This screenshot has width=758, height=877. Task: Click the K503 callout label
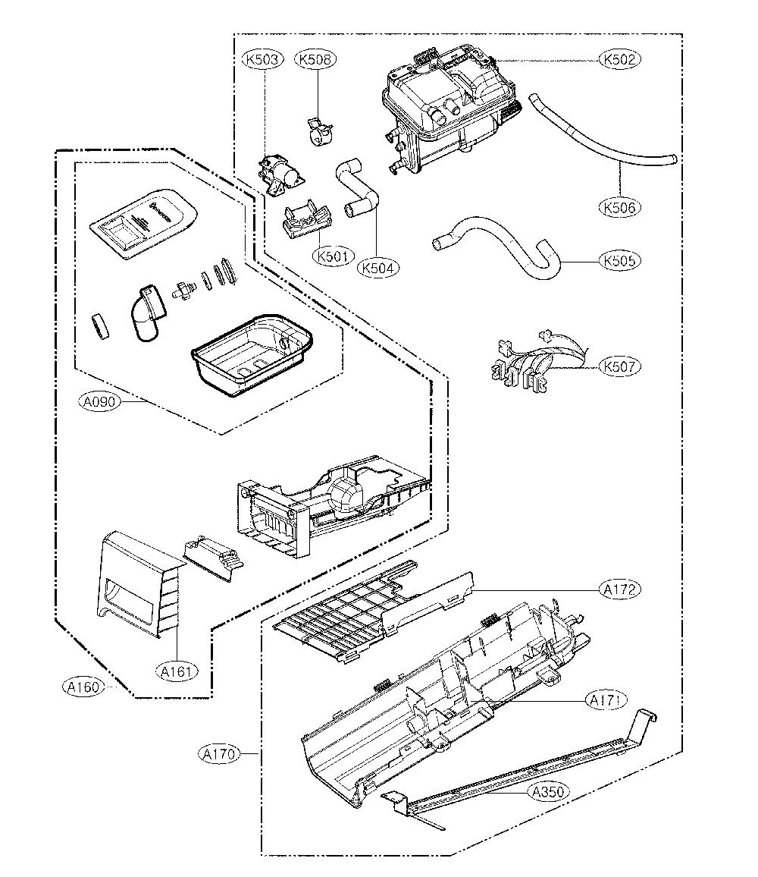coord(263,58)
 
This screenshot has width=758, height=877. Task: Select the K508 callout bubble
coord(315,58)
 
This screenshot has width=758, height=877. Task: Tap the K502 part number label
coord(619,58)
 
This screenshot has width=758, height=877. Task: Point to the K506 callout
coord(619,208)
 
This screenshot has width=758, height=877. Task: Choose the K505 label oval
coord(619,261)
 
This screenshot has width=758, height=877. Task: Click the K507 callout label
coord(619,367)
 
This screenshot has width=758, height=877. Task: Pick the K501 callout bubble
coord(334,256)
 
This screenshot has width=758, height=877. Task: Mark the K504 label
coord(378,268)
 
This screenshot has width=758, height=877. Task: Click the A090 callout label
coord(99,401)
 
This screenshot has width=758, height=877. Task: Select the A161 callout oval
coord(177,671)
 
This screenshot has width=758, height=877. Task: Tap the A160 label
coord(83,687)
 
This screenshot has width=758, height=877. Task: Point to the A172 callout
coord(619,589)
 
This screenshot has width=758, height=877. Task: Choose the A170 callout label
coord(219,754)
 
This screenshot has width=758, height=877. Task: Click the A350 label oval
coord(548,792)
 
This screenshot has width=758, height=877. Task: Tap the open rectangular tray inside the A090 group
coord(252,355)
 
